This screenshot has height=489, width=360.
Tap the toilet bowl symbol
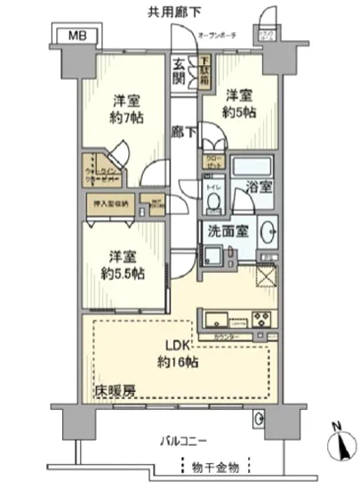[x=213, y=203]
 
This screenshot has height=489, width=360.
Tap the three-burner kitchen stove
[x=263, y=320]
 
